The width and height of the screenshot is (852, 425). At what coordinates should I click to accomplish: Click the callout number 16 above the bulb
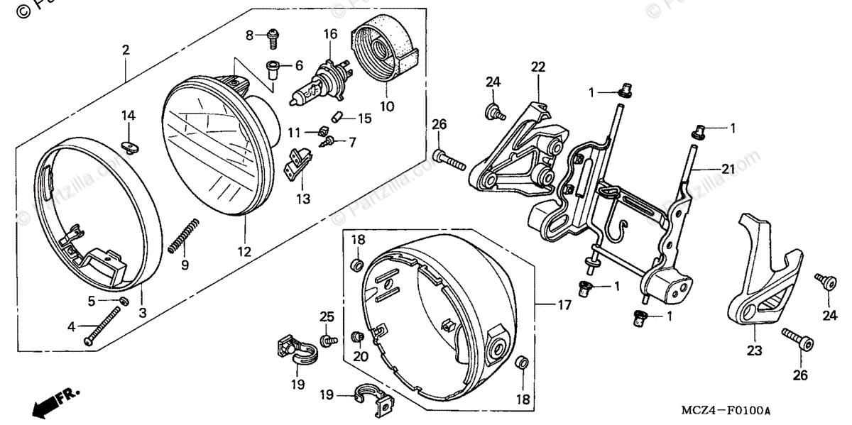[330, 34]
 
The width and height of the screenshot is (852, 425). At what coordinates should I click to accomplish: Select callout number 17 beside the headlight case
[564, 306]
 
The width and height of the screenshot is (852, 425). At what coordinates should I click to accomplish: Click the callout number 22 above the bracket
[537, 67]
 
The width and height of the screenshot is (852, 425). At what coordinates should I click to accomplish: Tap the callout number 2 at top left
[126, 50]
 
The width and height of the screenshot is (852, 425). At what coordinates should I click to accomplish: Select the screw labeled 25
[328, 341]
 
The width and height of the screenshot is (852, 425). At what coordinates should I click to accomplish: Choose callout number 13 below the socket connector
[304, 199]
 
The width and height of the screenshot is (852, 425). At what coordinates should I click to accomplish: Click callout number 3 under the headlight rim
[143, 311]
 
